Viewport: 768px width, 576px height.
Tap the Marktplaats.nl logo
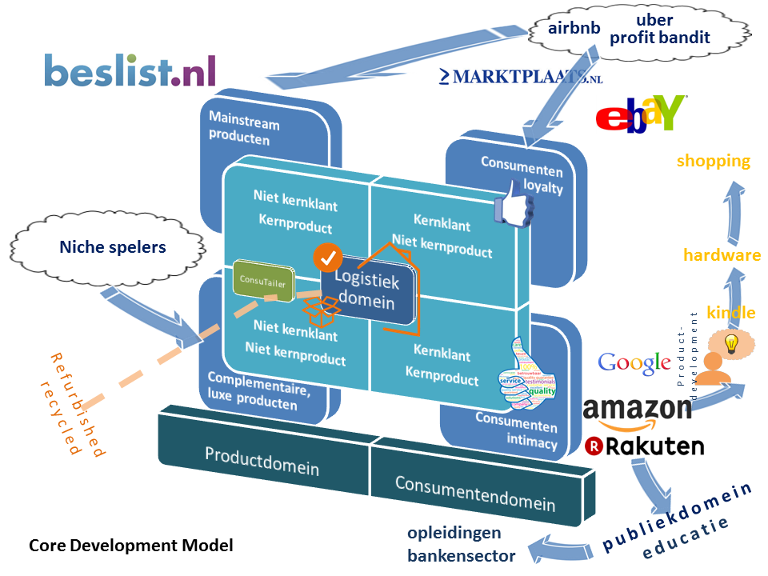[521, 77]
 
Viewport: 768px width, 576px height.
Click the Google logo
[634, 362]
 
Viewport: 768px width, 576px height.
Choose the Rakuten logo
[644, 446]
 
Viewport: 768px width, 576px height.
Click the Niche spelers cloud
[113, 247]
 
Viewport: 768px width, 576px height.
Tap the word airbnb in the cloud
[574, 28]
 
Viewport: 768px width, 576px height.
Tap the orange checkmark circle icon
[327, 258]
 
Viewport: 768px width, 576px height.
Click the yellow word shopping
[714, 161]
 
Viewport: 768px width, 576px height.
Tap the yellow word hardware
[722, 255]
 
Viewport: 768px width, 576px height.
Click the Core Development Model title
[131, 546]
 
